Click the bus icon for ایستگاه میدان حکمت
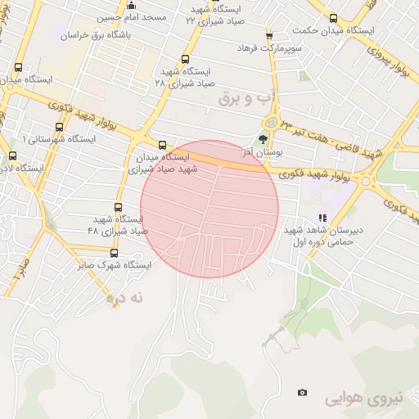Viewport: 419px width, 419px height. click(x=333, y=18)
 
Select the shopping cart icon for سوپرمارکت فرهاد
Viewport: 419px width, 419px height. click(x=268, y=35)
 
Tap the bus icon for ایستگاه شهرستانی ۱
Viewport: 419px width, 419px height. click(x=59, y=127)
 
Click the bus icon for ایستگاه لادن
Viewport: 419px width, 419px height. click(x=11, y=155)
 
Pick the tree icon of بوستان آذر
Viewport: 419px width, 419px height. click(x=263, y=139)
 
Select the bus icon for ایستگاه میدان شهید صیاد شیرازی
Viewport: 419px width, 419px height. click(x=162, y=145)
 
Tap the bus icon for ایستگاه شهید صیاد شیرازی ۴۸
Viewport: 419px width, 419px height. click(x=119, y=207)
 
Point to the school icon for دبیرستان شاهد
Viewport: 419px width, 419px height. click(x=322, y=219)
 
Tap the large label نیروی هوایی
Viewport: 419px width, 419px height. click(x=363, y=399)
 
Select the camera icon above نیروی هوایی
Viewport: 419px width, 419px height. click(x=303, y=393)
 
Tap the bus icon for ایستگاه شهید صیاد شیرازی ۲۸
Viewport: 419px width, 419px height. click(x=185, y=59)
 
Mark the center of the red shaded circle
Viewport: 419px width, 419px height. click(x=209, y=209)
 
